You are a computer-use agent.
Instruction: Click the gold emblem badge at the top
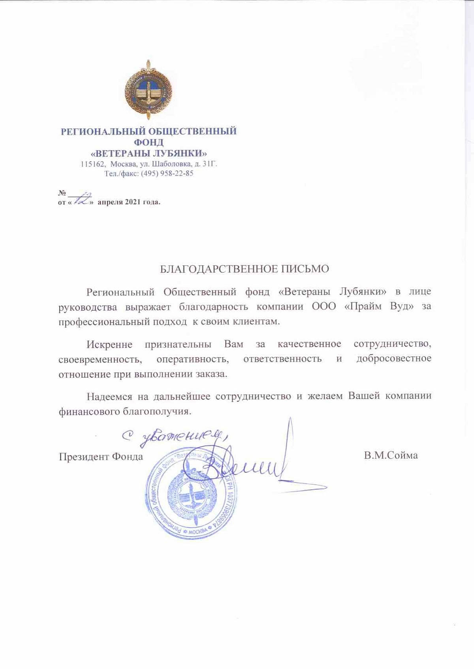[148, 90]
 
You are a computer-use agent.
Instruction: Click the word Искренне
[109, 344]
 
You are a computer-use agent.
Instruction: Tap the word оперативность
[192, 359]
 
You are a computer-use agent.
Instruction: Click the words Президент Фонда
[101, 457]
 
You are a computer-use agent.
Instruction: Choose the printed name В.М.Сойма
[391, 455]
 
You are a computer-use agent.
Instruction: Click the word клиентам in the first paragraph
[256, 321]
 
